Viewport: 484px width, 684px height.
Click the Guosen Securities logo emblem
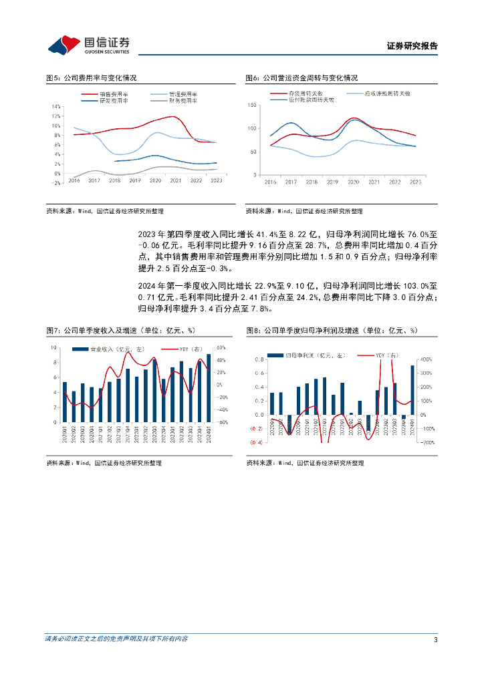(64, 45)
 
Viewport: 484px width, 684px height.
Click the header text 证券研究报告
(412, 47)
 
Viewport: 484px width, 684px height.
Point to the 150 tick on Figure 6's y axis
(252, 105)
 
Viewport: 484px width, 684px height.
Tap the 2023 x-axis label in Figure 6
(415, 182)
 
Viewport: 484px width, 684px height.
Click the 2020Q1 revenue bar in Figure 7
(65, 402)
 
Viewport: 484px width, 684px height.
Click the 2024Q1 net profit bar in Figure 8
(412, 390)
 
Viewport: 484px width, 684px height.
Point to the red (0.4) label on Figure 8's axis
(256, 442)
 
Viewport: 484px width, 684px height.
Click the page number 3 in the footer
(435, 640)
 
